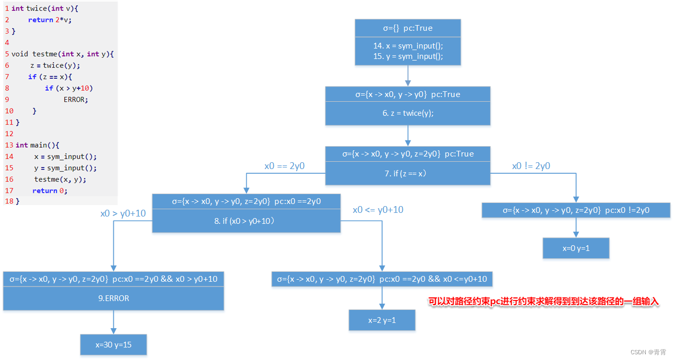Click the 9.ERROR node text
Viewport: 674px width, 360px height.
click(113, 298)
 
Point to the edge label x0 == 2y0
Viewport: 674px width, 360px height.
click(284, 166)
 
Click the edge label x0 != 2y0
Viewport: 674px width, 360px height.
click(531, 166)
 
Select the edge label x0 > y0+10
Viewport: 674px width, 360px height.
click(123, 213)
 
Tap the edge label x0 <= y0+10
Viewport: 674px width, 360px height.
click(378, 210)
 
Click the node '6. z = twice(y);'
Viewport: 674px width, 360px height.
click(408, 113)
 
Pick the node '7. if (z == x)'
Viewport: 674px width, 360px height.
click(408, 173)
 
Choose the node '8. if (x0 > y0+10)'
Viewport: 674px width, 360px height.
click(246, 221)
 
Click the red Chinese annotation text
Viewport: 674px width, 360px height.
click(543, 302)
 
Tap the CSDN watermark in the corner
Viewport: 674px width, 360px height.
click(648, 352)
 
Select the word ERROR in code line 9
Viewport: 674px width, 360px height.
click(76, 99)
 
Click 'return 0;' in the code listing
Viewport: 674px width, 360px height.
click(50, 191)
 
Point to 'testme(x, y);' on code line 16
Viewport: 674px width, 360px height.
click(60, 179)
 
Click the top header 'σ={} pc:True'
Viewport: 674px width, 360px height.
click(408, 28)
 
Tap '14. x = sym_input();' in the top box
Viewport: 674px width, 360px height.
click(408, 46)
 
